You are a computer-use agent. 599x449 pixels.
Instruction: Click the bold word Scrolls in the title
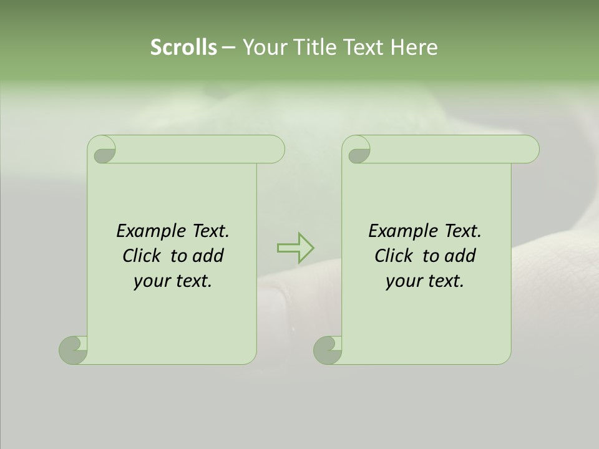click(183, 47)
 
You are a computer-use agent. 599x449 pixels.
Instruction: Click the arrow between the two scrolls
click(295, 248)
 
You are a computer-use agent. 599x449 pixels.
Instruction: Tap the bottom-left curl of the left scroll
click(72, 350)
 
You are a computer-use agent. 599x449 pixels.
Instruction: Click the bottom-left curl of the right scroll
click(327, 350)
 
